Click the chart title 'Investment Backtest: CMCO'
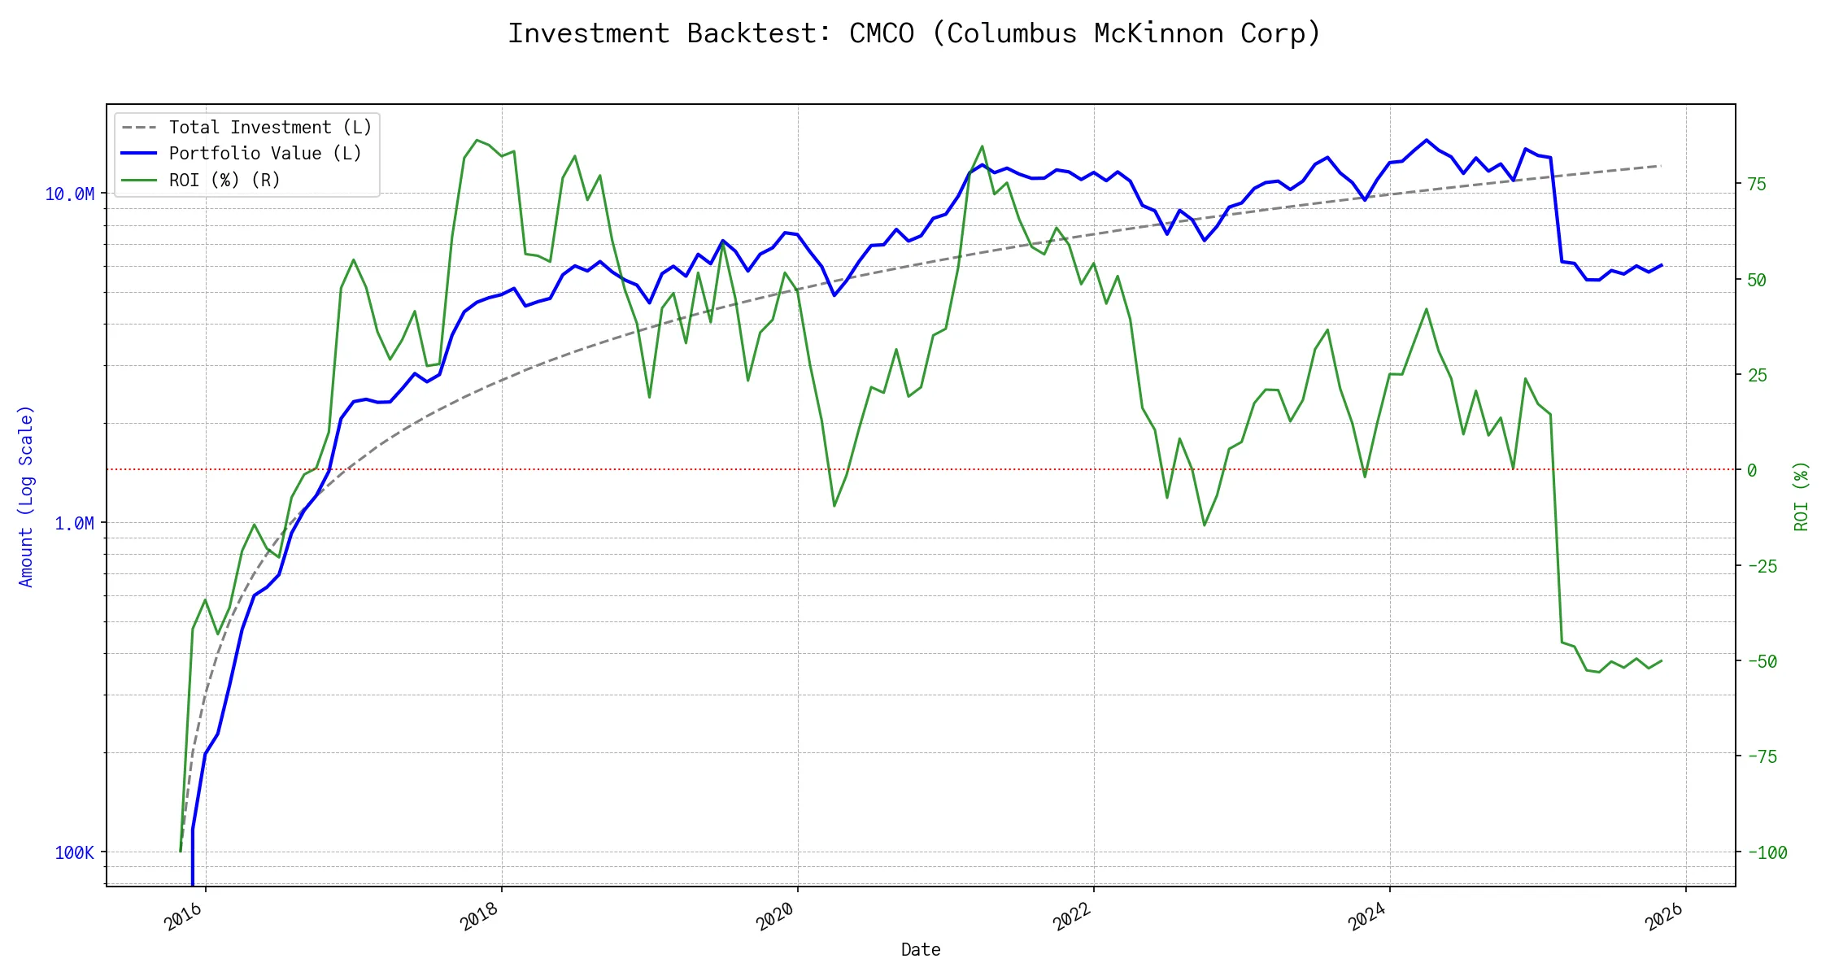pyautogui.click(x=914, y=33)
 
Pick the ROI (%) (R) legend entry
pyautogui.click(x=224, y=181)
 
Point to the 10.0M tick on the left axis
pyautogui.click(x=70, y=194)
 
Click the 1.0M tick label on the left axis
pyautogui.click(x=74, y=523)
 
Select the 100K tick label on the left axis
pyautogui.click(x=74, y=852)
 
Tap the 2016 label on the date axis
pyautogui.click(x=183, y=917)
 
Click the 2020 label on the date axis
pyautogui.click(x=775, y=917)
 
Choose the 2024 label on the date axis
pyautogui.click(x=1367, y=917)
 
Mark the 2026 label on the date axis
pyautogui.click(x=1663, y=917)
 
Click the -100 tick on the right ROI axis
pyautogui.click(x=1767, y=853)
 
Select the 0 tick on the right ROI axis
pyautogui.click(x=1752, y=470)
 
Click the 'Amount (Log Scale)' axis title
pyautogui.click(x=26, y=496)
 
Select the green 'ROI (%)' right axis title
pyautogui.click(x=1802, y=496)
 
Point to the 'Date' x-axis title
pyautogui.click(x=921, y=950)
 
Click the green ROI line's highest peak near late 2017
pyautogui.click(x=477, y=140)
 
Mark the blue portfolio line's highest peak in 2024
pyautogui.click(x=1427, y=140)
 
